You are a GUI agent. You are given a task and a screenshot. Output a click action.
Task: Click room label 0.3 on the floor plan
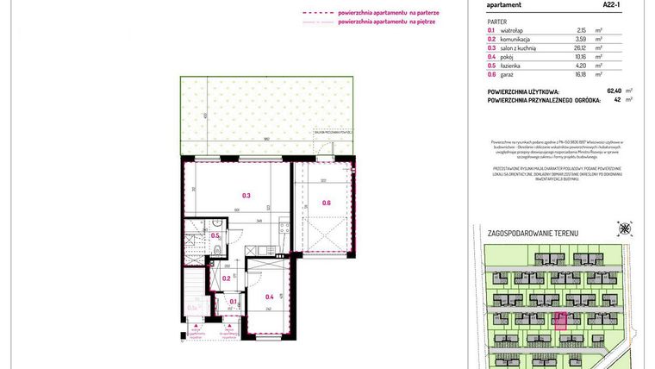coord(246,196)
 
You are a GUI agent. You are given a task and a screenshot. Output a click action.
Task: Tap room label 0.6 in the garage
coord(326,203)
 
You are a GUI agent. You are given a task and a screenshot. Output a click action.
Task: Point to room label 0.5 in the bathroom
coord(215,235)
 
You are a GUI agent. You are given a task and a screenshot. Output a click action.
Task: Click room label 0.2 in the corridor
coord(227,278)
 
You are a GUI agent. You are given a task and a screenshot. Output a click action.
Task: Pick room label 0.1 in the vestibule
coord(233,302)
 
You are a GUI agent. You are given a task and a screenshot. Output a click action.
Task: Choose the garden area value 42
coord(617,99)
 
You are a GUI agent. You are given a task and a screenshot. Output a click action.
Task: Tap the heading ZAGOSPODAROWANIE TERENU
coord(533,234)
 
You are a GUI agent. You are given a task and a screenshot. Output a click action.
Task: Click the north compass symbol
coord(624,228)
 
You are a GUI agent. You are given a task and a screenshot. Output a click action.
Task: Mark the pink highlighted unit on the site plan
coord(559,322)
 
